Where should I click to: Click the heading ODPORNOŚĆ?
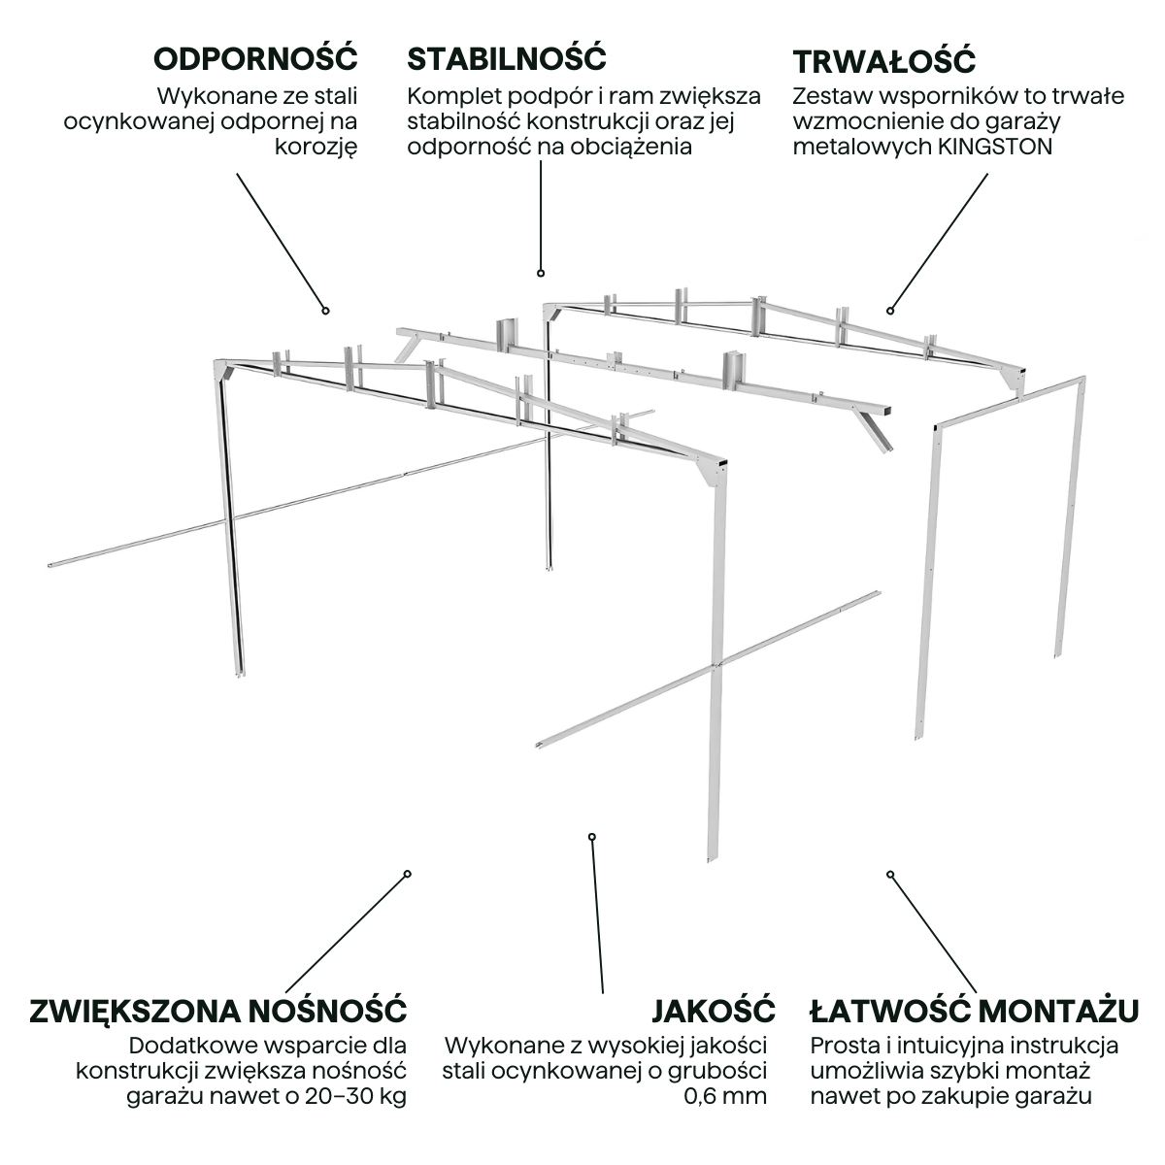pos(255,58)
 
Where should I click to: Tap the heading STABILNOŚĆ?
pos(506,58)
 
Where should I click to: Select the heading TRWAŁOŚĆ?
pos(883,61)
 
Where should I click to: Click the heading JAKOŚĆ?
pos(713,1010)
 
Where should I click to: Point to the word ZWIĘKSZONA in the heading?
pos(133,1010)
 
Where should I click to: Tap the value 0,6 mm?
pos(724,1096)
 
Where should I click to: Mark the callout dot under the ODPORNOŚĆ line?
pos(326,311)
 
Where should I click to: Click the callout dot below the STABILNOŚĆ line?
pos(541,274)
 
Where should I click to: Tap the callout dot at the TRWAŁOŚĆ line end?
pos(889,311)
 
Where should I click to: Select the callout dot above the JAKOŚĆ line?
pos(591,836)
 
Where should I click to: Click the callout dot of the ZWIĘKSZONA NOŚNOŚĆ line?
pos(408,873)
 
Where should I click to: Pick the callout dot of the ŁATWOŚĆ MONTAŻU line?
pos(890,874)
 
